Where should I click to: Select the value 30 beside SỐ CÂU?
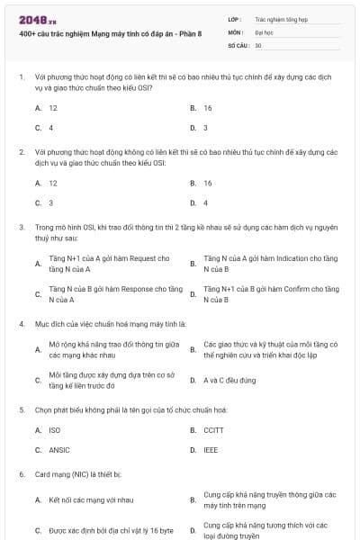point(258,44)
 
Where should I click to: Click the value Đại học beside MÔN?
point(263,31)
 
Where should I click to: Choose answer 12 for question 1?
point(53,107)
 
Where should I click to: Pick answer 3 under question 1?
point(206,127)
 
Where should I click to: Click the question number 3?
point(21,227)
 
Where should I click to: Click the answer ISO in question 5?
point(54,430)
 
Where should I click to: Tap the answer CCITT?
point(213,430)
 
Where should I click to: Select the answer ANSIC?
point(58,449)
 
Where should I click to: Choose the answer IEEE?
point(211,449)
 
